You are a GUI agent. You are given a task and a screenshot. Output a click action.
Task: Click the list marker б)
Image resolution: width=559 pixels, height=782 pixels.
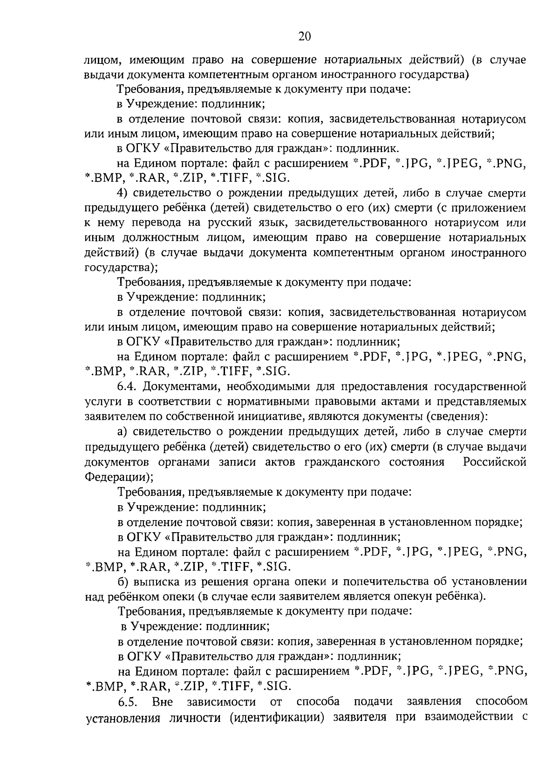[x=123, y=581]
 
